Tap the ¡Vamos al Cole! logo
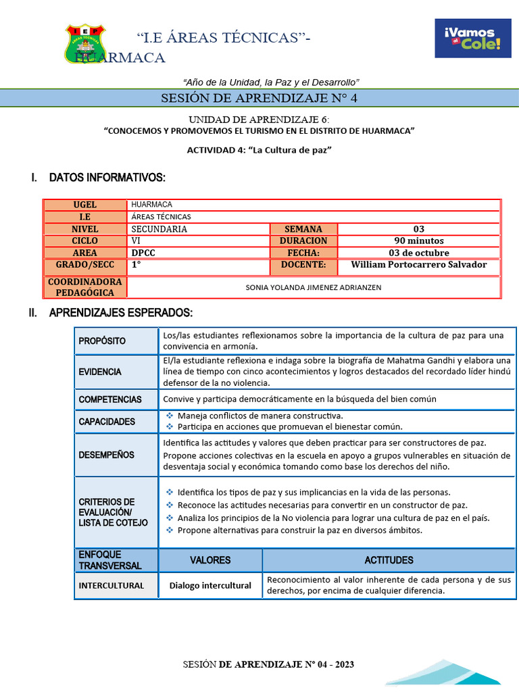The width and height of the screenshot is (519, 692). click(x=472, y=39)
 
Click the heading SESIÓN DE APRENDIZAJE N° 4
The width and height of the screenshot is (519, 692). click(x=259, y=99)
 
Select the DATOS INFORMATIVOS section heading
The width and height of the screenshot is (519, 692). click(x=107, y=178)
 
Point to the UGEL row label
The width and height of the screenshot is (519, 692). click(x=85, y=205)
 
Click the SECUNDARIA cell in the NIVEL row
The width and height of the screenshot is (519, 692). click(x=159, y=229)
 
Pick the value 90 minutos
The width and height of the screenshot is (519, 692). click(x=419, y=241)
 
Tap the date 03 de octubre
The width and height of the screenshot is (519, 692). click(x=419, y=253)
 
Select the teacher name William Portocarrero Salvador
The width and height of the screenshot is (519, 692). click(x=419, y=265)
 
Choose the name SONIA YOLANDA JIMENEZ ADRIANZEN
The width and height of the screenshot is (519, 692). click(x=314, y=287)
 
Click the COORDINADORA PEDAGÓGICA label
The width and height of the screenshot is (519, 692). click(x=85, y=287)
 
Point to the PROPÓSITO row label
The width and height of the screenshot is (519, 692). click(x=102, y=341)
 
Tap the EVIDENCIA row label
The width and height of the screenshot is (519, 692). click(x=100, y=372)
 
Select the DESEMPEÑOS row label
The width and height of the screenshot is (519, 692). click(x=106, y=455)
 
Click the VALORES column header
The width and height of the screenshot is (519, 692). click(x=210, y=560)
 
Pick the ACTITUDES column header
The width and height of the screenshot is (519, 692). click(x=389, y=560)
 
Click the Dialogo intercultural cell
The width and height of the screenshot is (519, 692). click(x=210, y=586)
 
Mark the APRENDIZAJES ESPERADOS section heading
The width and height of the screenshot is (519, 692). click(x=121, y=313)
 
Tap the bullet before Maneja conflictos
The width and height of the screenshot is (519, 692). click(x=170, y=416)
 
